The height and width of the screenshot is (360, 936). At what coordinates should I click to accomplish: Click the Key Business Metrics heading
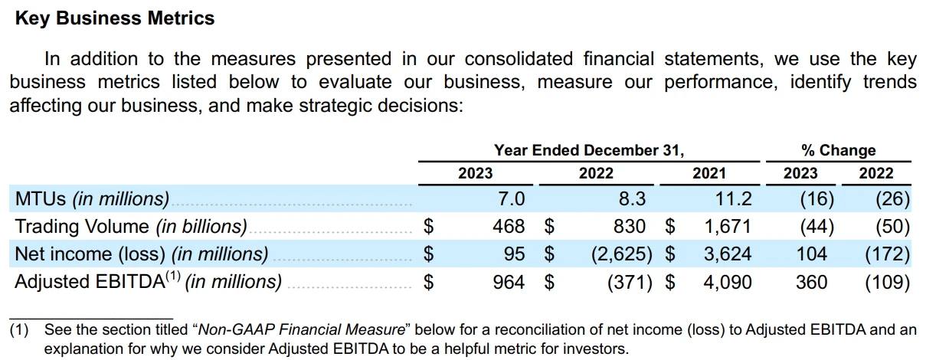click(115, 18)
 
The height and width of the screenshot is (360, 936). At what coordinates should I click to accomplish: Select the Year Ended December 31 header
click(588, 150)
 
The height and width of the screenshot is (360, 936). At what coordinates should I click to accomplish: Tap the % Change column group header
click(837, 150)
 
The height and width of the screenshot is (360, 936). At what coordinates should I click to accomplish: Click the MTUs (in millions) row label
click(92, 199)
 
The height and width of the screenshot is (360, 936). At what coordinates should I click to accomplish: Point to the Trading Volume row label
click(131, 226)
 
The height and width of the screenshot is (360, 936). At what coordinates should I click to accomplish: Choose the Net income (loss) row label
click(142, 254)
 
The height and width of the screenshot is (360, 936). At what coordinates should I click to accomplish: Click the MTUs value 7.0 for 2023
click(511, 199)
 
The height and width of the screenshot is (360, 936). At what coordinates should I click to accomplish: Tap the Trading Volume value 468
click(509, 226)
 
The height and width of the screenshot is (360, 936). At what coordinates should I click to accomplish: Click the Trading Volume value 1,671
click(728, 226)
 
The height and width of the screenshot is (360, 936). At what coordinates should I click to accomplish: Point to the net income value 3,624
click(728, 254)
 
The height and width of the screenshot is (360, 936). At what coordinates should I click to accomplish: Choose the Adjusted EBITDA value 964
click(509, 282)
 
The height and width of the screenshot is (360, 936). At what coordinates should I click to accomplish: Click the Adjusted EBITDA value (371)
click(630, 282)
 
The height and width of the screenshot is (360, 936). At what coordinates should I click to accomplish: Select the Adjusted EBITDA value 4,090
click(728, 282)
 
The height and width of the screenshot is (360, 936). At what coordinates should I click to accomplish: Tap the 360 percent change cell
click(812, 282)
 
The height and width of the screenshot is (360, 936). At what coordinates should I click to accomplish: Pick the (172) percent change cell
click(887, 254)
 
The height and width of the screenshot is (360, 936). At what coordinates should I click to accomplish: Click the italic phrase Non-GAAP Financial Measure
click(301, 330)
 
